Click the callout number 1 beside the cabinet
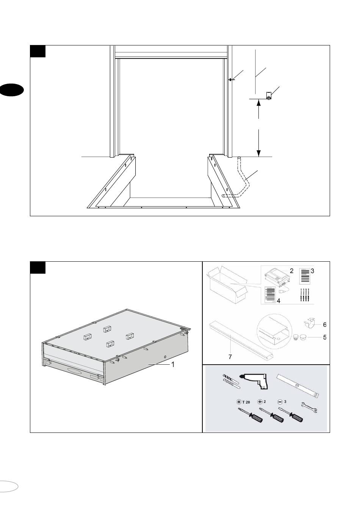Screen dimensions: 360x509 point(173,364)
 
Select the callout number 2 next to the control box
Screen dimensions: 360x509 point(291,271)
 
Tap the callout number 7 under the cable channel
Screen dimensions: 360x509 point(230,357)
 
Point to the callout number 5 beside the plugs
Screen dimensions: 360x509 point(325,337)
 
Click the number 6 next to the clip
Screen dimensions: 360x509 point(325,325)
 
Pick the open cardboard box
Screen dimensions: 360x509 point(227,284)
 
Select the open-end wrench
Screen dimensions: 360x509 point(309,408)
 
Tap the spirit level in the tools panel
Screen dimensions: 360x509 point(298,386)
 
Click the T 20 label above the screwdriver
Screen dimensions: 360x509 point(246,402)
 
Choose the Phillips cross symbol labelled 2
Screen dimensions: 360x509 point(260,402)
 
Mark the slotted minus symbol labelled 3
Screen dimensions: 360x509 point(280,402)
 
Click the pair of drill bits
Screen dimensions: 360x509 point(230,382)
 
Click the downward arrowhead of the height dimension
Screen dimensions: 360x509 point(258,153)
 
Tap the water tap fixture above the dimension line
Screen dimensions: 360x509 point(269,96)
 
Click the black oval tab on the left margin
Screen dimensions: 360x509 point(12,90)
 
